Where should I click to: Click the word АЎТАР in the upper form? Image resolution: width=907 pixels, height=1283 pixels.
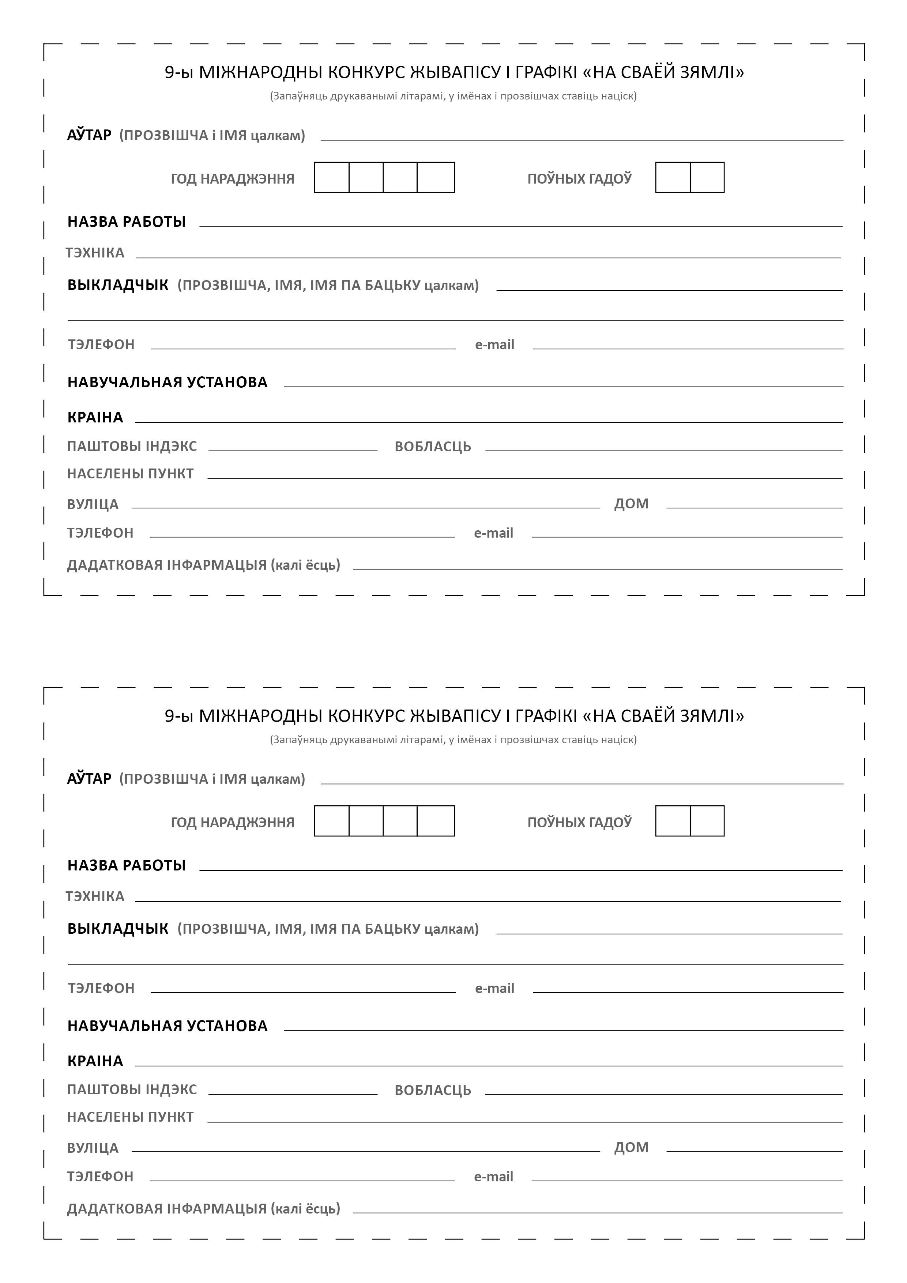89,135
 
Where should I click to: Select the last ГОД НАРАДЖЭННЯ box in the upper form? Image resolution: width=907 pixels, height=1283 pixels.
436,178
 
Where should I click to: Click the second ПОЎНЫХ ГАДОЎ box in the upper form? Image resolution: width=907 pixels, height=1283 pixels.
707,178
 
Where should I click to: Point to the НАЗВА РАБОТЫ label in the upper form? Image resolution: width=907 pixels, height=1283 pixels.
126,222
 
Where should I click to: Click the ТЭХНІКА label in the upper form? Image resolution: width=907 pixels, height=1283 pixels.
95,253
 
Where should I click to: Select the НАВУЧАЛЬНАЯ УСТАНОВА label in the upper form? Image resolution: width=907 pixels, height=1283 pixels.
168,382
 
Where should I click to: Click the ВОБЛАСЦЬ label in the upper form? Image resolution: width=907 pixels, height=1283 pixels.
433,447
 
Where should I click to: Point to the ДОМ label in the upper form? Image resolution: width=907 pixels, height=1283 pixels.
632,504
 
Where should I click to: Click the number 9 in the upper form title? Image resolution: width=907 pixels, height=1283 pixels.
169,73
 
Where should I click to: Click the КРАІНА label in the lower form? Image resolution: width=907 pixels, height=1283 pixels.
95,1061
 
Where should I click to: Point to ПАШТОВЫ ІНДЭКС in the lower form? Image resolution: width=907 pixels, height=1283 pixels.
132,1090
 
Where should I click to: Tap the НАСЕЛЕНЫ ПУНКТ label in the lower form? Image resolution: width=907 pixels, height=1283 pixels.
130,1117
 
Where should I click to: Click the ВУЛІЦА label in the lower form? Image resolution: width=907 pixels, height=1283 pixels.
93,1148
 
